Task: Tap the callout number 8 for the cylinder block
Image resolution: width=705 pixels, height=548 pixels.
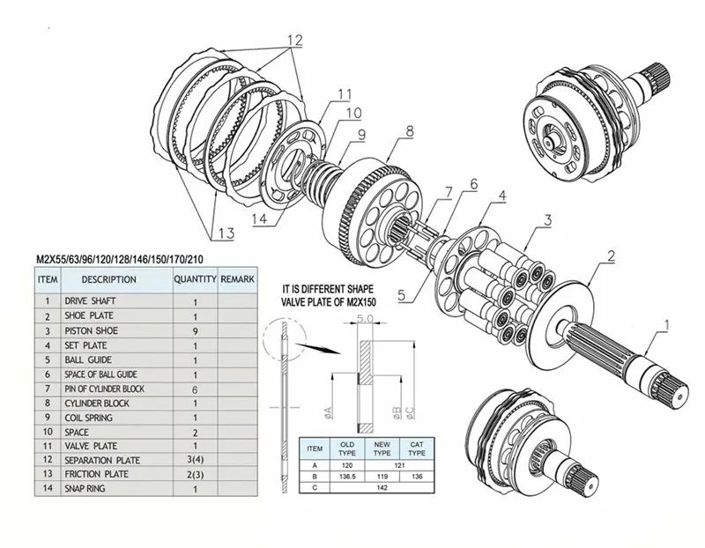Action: coord(409,132)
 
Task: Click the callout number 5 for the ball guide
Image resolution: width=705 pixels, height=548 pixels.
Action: coord(402,296)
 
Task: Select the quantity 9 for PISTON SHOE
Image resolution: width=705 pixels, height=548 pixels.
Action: coord(194,330)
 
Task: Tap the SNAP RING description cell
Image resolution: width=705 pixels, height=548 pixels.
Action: coord(88,488)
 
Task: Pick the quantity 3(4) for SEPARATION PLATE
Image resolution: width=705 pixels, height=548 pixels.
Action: coord(194,460)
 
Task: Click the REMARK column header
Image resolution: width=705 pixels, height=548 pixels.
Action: coord(237,279)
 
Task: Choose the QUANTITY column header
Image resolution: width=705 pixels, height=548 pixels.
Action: coord(194,279)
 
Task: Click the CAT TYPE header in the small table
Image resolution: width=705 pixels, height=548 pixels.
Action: coord(419,447)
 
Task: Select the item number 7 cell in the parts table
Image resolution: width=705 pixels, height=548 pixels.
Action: coord(47,389)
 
